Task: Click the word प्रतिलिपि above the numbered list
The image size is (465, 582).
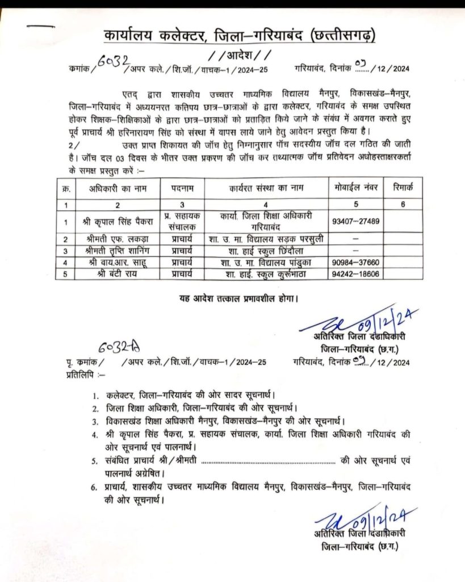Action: pyautogui.click(x=77, y=375)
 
